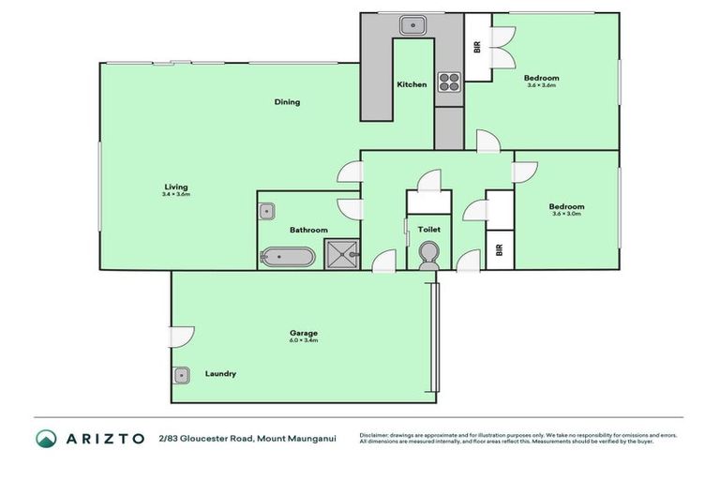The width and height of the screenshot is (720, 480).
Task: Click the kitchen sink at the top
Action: pyautogui.click(x=412, y=25)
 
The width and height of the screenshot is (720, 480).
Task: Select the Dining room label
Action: pyautogui.click(x=287, y=102)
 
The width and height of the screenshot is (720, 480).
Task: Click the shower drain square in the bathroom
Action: pyautogui.click(x=341, y=253)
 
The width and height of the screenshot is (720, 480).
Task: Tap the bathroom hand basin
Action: pyautogui.click(x=266, y=210)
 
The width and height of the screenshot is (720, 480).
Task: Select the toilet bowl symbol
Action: pyautogui.click(x=428, y=254)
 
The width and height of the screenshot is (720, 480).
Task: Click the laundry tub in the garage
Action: pyautogui.click(x=182, y=375)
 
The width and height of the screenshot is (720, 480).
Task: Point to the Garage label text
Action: pyautogui.click(x=304, y=333)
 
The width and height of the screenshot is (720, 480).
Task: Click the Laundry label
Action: pyautogui.click(x=220, y=374)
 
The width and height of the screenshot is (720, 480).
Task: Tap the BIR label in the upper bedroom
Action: pyautogui.click(x=477, y=47)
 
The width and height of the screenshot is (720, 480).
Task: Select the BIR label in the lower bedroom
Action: pyautogui.click(x=499, y=250)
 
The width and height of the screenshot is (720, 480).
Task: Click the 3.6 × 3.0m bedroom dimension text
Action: pyautogui.click(x=567, y=215)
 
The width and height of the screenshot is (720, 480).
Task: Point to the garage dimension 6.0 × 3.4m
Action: pyautogui.click(x=304, y=341)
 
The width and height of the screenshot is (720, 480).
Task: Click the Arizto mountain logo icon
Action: pyautogui.click(x=46, y=438)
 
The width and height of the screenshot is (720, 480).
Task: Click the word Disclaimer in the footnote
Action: pyautogui.click(x=376, y=434)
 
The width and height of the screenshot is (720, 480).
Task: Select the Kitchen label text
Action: pyautogui.click(x=412, y=84)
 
